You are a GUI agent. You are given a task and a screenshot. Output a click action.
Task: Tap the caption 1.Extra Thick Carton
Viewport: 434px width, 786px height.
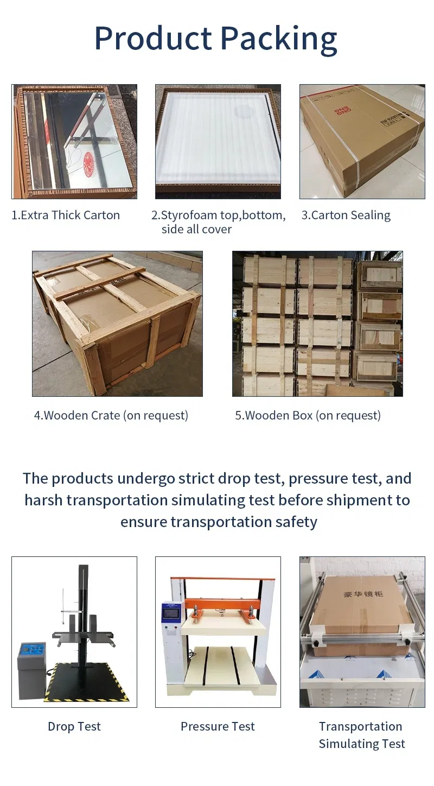pyautogui.click(x=66, y=215)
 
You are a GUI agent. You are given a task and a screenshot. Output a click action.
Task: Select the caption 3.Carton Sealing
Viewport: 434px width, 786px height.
pyautogui.click(x=346, y=215)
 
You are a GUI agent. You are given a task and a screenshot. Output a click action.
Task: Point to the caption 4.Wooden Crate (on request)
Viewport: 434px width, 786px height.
pyautogui.click(x=111, y=415)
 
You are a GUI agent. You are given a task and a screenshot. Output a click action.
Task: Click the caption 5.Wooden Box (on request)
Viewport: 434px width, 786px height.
pyautogui.click(x=308, y=415)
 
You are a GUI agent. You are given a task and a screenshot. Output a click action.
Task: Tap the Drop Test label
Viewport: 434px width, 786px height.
pyautogui.click(x=74, y=726)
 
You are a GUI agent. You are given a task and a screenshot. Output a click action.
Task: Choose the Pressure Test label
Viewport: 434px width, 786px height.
pyautogui.click(x=218, y=726)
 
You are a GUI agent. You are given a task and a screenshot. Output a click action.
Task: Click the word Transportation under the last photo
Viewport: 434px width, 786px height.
pyautogui.click(x=360, y=726)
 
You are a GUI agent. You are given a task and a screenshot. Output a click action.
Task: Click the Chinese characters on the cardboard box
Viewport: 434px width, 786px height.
pyautogui.click(x=363, y=594)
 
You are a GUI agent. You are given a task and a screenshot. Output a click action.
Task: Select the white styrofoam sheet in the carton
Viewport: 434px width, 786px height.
pyautogui.click(x=217, y=141)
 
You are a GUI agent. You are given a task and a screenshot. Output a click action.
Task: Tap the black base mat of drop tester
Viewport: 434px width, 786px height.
pyautogui.click(x=87, y=687)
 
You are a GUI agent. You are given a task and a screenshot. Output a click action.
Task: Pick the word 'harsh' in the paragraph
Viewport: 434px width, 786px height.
pyautogui.click(x=43, y=500)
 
